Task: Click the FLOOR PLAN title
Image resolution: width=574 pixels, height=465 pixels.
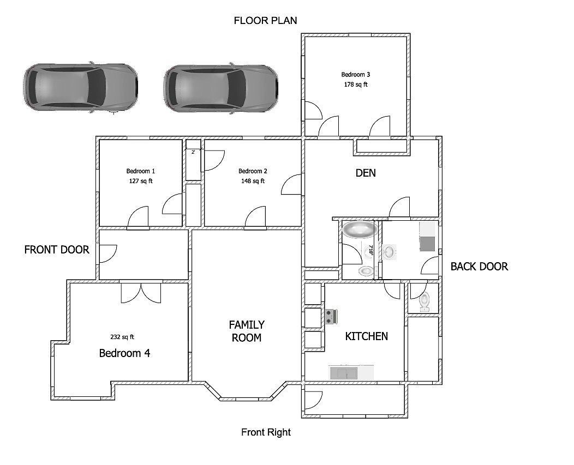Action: [x=265, y=21]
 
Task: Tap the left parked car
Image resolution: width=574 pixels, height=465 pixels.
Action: [x=81, y=87]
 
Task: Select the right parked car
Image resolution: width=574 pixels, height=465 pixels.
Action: [x=221, y=88]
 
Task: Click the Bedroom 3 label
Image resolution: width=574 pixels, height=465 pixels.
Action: [x=355, y=75]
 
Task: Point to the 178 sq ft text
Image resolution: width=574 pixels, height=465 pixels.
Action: [x=355, y=84]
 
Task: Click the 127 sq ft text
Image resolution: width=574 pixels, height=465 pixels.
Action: [x=141, y=181]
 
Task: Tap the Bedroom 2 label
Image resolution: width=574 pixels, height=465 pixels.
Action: [x=253, y=171]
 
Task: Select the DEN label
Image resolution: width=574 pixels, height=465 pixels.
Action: [x=366, y=173]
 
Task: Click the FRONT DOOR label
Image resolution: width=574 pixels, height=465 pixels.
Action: [x=57, y=250]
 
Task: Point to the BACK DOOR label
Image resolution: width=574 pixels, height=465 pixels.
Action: [x=479, y=267]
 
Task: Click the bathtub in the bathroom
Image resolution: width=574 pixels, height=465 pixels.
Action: [x=360, y=230]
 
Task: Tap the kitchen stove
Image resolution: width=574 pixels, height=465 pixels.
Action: [x=331, y=317]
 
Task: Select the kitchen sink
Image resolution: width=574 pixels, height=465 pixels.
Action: [x=343, y=373]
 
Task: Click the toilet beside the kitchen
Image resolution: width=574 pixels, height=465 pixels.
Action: [x=424, y=302]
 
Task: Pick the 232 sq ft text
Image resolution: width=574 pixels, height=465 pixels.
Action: [x=122, y=337]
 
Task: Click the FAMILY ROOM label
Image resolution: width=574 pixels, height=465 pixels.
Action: [x=247, y=331]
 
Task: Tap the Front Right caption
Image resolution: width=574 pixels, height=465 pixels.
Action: [x=266, y=432]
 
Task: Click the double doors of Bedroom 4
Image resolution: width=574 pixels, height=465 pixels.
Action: [x=141, y=293]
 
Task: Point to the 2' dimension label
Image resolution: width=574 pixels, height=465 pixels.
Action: [x=193, y=152]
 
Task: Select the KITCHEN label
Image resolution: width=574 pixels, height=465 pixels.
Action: [x=367, y=336]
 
